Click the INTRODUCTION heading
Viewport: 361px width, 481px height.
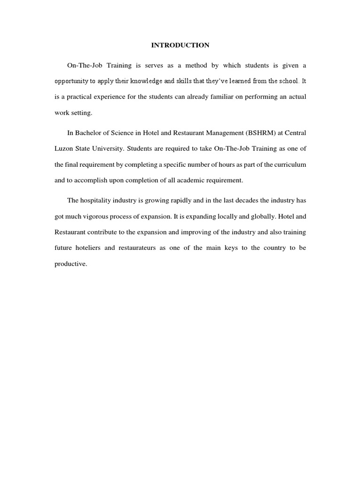180,45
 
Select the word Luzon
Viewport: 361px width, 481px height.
63,148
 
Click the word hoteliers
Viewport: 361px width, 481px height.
87,248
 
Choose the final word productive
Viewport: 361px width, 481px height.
71,264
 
